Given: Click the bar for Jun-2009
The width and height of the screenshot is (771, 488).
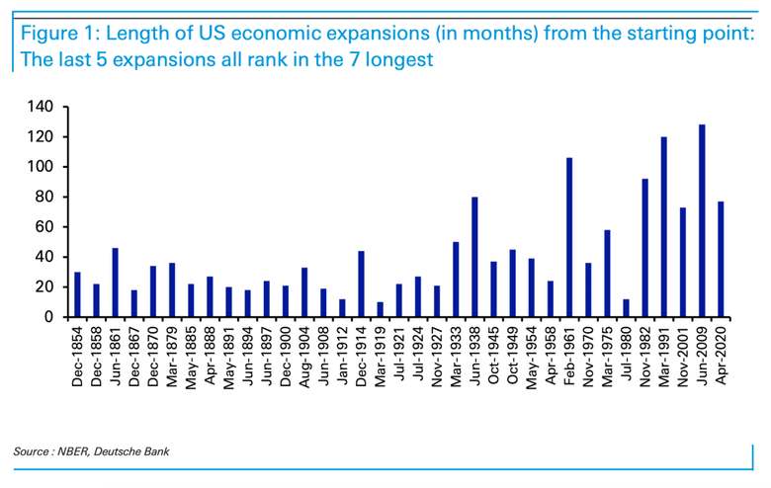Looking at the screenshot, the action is tap(702, 220).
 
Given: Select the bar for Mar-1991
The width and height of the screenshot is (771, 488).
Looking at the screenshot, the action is tap(664, 227).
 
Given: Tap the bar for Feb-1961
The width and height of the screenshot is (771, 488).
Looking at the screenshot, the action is tap(569, 237).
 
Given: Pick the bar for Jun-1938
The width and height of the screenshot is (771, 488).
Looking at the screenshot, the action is tap(474, 257).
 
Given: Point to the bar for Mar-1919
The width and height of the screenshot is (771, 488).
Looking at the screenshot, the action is tap(381, 309).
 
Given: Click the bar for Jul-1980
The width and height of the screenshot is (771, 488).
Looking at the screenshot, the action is tap(626, 308).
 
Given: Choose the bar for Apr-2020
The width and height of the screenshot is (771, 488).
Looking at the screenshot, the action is tap(721, 260).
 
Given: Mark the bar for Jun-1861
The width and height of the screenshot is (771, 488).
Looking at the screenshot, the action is tap(115, 283).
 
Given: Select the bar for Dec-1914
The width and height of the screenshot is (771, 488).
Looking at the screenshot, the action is tap(362, 285).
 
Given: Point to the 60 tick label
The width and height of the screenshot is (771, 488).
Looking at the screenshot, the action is tap(43, 227).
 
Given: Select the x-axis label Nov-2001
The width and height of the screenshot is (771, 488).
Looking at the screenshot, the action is tap(683, 357).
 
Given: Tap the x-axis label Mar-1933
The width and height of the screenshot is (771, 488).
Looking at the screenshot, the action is tap(456, 357).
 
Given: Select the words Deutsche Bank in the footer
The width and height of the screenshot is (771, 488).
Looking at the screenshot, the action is tap(131, 451).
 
